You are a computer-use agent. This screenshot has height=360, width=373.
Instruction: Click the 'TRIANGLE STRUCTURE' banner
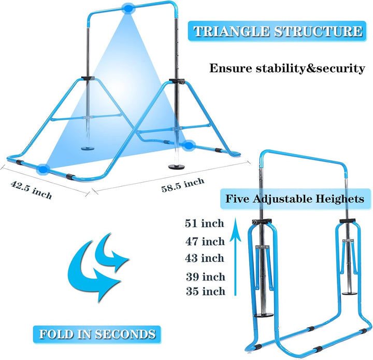click(277, 31)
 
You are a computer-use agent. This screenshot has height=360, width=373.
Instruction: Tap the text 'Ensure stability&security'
click(287, 68)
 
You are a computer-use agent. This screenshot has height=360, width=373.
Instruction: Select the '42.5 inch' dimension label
click(31, 190)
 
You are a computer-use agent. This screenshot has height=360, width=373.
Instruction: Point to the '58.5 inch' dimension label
click(183, 185)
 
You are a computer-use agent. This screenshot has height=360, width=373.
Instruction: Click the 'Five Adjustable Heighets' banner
click(295, 199)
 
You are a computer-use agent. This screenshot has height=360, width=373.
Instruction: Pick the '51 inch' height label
click(204, 224)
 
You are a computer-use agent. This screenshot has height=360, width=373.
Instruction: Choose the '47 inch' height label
click(205, 241)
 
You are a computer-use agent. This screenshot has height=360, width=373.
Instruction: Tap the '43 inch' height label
click(205, 258)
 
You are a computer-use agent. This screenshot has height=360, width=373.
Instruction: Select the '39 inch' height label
click(206, 276)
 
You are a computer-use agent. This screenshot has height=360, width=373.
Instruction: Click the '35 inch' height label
click(206, 291)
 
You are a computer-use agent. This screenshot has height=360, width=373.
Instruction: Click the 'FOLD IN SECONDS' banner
click(97, 334)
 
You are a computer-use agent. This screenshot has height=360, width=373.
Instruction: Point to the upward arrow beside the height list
click(235, 256)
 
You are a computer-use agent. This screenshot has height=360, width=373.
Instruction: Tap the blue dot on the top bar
click(128, 9)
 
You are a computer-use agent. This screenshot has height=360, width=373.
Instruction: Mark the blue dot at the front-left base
click(43, 170)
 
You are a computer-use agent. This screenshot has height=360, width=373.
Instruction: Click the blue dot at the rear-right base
click(189, 145)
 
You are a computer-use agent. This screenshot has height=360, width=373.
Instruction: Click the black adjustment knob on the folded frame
click(255, 222)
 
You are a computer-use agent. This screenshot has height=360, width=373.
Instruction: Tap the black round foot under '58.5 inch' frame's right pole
click(177, 167)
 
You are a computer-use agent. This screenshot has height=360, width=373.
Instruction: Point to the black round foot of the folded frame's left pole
click(264, 315)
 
